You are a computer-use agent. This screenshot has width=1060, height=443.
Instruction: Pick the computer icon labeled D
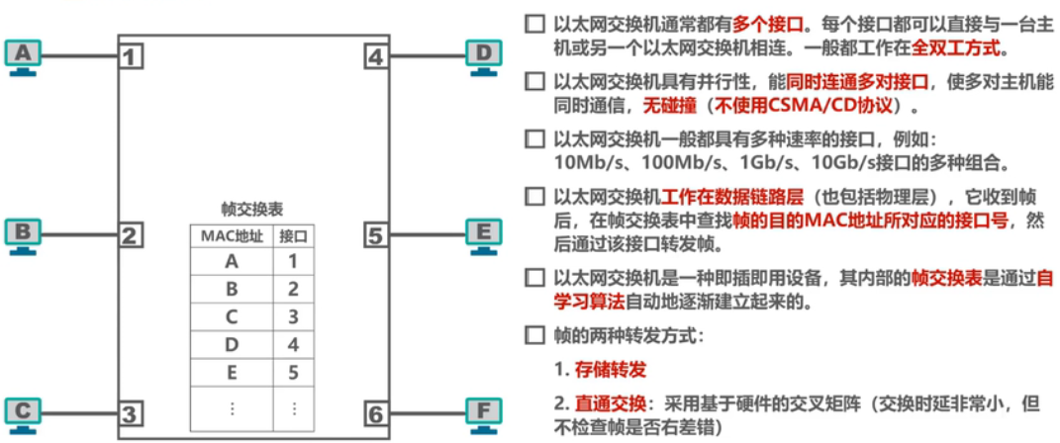pyautogui.click(x=484, y=55)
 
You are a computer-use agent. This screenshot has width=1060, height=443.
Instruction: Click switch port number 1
pyautogui.click(x=129, y=56)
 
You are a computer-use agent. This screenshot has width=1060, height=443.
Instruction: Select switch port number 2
pyautogui.click(x=129, y=235)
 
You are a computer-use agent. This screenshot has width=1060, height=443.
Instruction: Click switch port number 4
pyautogui.click(x=374, y=56)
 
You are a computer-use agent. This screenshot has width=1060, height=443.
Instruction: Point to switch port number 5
pyautogui.click(x=374, y=235)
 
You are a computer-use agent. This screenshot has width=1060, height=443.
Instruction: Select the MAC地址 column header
pyautogui.click(x=232, y=236)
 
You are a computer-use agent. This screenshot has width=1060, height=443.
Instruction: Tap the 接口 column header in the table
pyautogui.click(x=293, y=236)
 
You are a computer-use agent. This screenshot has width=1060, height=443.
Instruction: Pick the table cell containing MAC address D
pyautogui.click(x=232, y=345)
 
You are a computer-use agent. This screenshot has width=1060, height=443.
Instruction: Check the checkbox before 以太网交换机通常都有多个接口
pyautogui.click(x=534, y=22)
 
